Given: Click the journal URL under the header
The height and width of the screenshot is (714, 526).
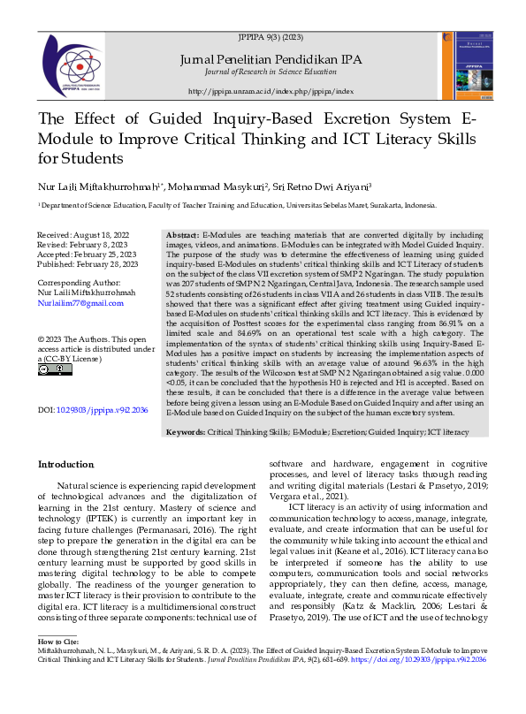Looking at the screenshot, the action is click(x=271, y=91).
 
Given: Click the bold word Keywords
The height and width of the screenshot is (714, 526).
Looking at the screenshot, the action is click(x=186, y=432).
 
